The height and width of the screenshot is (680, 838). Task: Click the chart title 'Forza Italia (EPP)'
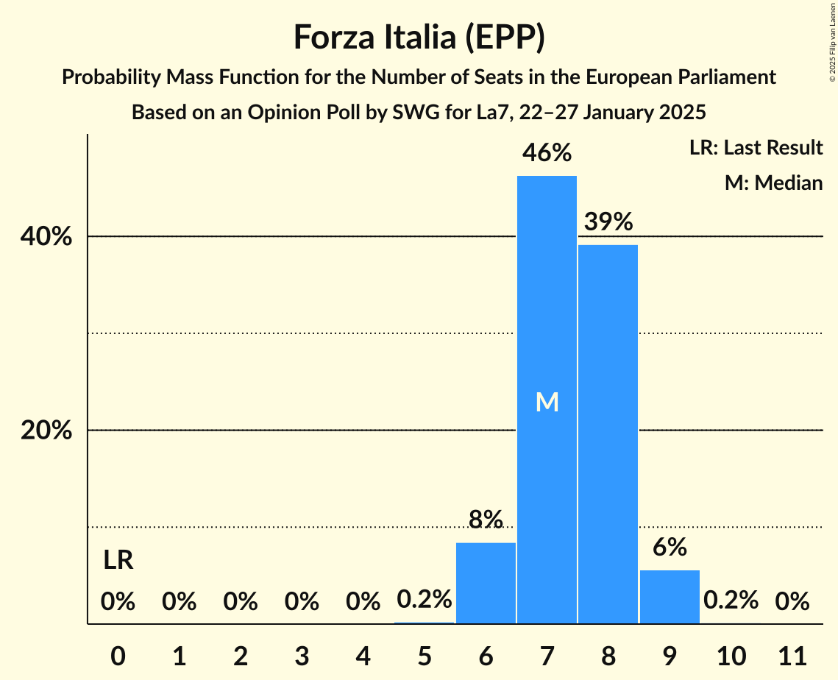pos(419,37)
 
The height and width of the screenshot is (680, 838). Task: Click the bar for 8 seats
pos(608,434)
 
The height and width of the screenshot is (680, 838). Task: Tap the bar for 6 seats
pos(486,583)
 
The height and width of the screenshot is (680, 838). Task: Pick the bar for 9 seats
pos(670,597)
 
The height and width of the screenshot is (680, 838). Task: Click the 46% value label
pos(547,153)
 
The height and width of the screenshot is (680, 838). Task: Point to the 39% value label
pos(608,221)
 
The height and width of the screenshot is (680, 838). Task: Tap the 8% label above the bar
pos(486,520)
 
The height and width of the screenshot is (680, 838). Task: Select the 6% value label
pos(670,547)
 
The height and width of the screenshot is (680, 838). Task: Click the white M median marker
pos(547,402)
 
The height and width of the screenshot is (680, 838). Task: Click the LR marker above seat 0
pos(118,561)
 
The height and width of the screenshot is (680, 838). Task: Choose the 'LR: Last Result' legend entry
pos(756,148)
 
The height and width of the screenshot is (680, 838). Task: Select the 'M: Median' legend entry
pos(773,183)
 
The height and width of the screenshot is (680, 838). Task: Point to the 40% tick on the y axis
pos(46,237)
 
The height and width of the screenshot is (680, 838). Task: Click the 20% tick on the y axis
pos(46,431)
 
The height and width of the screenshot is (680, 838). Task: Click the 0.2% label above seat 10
pos(731,601)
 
